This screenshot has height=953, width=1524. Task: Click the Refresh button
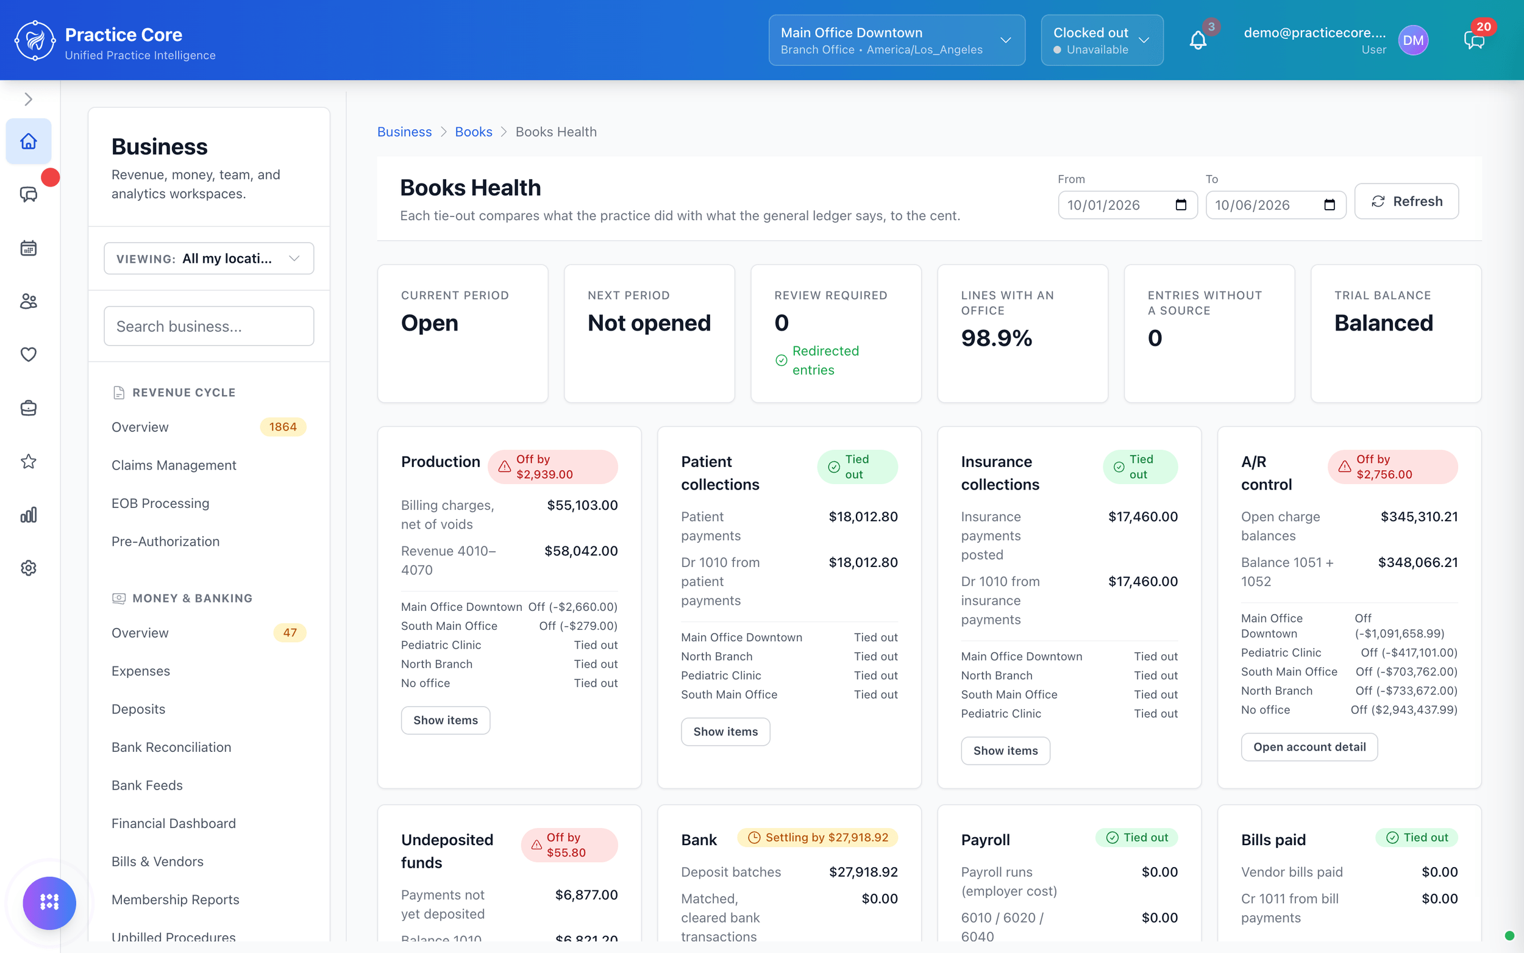pos(1406,201)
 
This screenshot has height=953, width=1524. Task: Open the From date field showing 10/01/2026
pos(1127,205)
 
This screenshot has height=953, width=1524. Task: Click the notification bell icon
pos(1198,40)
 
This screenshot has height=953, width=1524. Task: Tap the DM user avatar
pos(1413,40)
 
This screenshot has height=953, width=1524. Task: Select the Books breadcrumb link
pos(473,132)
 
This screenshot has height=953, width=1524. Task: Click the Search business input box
pos(208,326)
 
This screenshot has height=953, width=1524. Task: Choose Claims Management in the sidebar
pos(174,465)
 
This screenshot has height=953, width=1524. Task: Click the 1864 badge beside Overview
pos(283,427)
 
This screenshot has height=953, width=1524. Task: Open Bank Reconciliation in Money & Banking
pos(171,747)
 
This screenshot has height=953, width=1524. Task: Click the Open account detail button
pos(1309,747)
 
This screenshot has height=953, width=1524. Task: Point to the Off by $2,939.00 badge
pos(552,466)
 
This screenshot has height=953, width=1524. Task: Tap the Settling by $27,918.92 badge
pos(817,837)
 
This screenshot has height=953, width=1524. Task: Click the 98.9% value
pos(996,338)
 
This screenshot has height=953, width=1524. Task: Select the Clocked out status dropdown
pos(1102,40)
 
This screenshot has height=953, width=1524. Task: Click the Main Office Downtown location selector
pos(897,40)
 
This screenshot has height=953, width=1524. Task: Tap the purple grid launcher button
pos(49,902)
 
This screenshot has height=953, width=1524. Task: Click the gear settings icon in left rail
pos(29,568)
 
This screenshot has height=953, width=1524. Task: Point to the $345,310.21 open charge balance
pos(1419,517)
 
